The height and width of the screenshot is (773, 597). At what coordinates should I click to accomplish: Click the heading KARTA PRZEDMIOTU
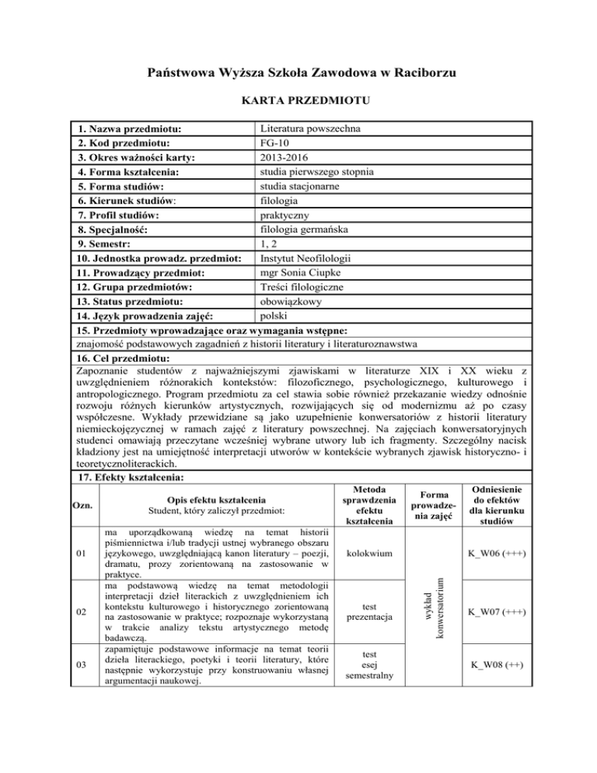(298, 102)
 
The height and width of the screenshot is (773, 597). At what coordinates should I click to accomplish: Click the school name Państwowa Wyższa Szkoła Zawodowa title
(298, 73)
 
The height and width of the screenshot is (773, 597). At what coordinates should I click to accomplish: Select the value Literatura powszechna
(309, 128)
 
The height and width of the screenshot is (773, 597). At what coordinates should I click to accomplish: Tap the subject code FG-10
(276, 142)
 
